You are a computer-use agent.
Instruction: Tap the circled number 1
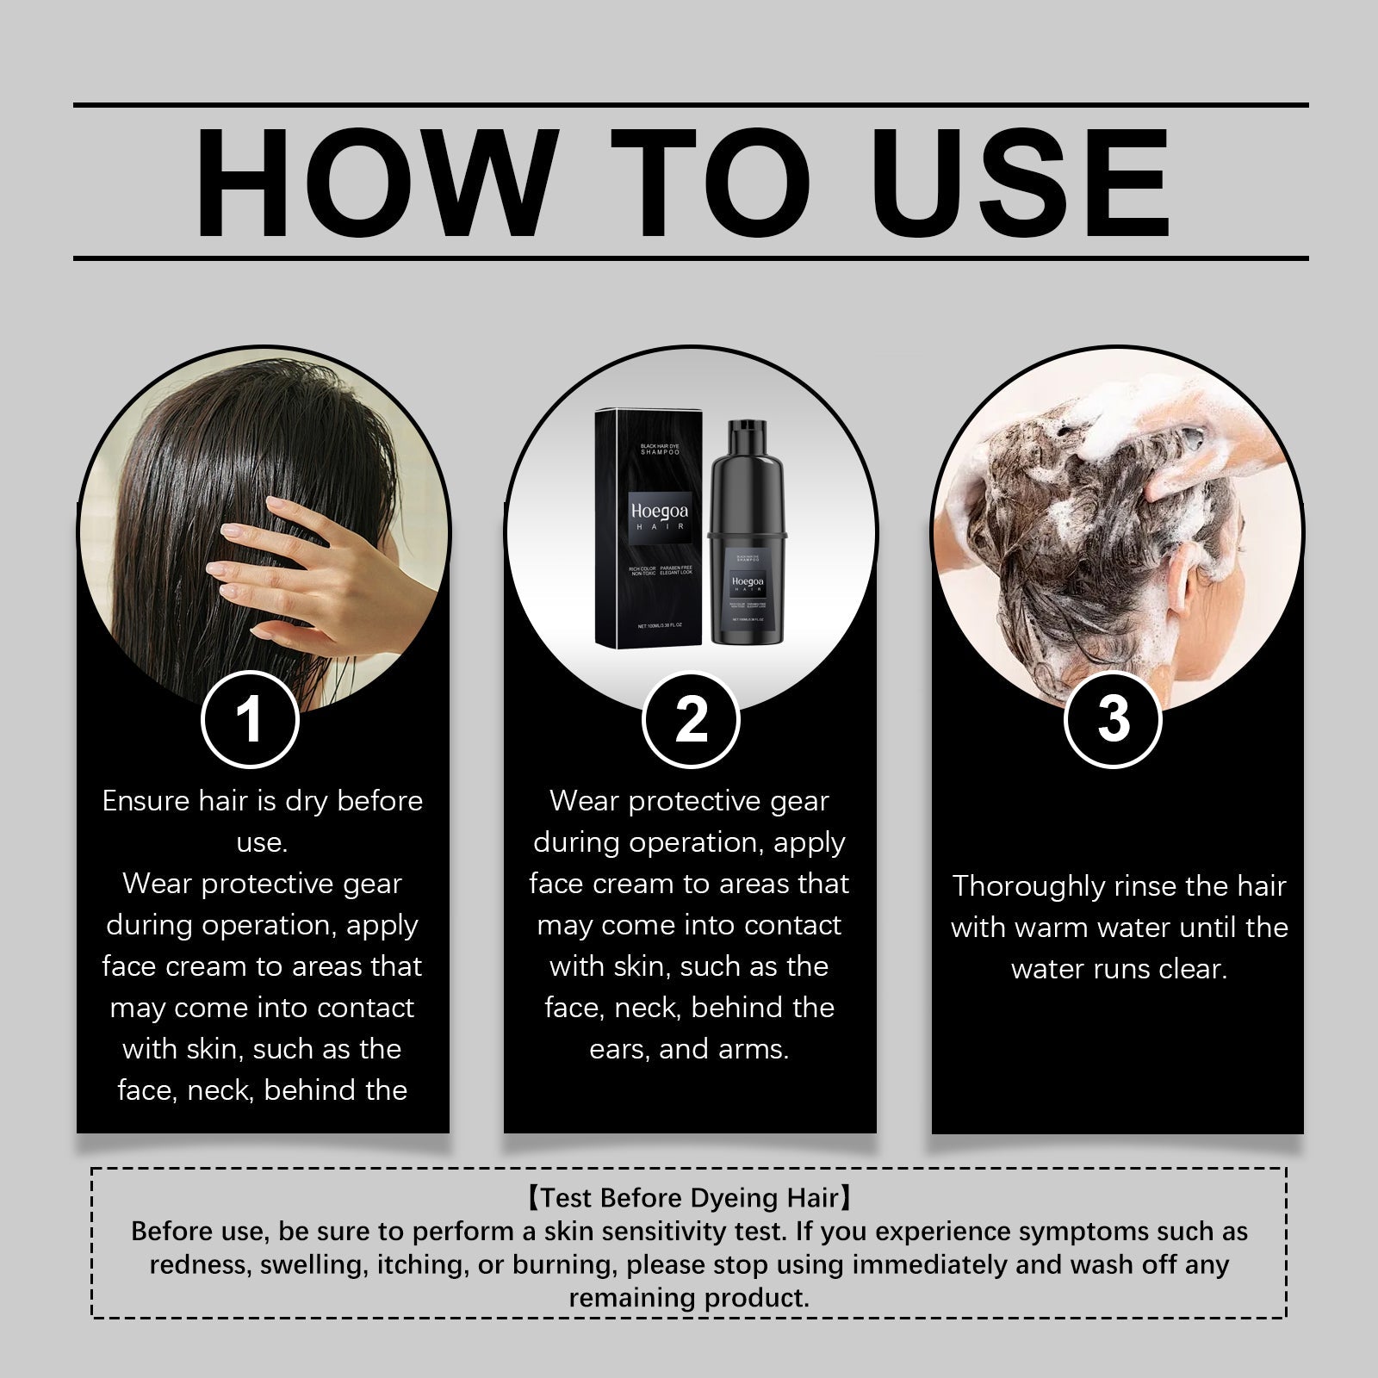pyautogui.click(x=250, y=720)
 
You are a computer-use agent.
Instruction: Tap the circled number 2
pyautogui.click(x=691, y=720)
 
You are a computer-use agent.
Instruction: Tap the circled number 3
pyautogui.click(x=1114, y=720)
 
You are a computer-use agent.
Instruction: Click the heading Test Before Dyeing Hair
pyautogui.click(x=689, y=1198)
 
